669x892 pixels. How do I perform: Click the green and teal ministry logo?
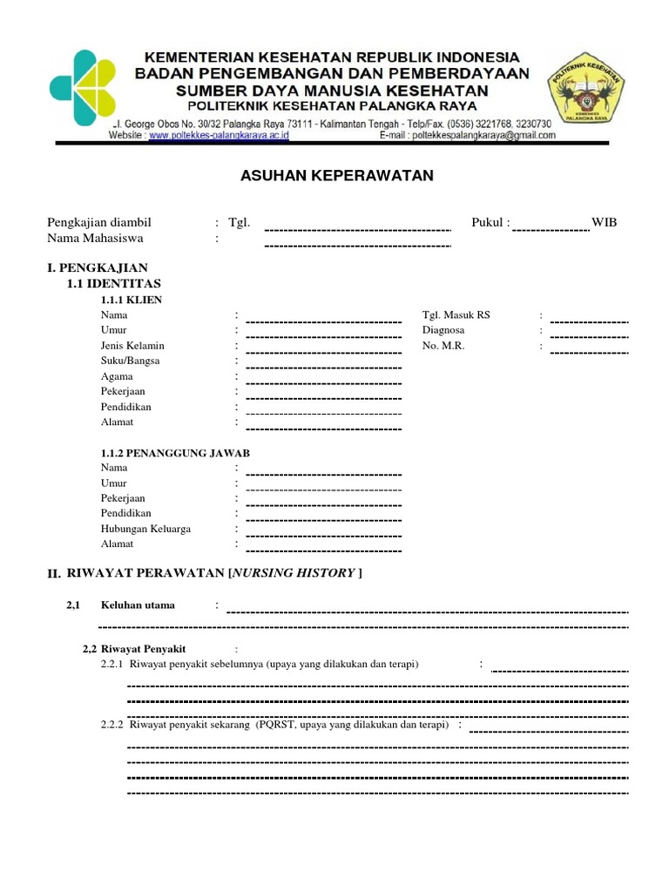coord(82,87)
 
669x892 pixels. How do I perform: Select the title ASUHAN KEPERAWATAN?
coord(336,176)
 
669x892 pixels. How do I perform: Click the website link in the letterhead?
coord(219,136)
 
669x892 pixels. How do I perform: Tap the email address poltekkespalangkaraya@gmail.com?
coord(483,136)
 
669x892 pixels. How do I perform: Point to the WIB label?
coord(604,222)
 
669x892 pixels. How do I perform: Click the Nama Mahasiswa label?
coord(95,238)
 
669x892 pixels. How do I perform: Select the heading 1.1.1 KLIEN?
coord(132,300)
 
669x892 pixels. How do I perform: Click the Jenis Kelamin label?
coord(132,346)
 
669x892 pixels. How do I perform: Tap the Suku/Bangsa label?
coord(130,361)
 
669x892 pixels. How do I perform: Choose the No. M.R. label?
coord(443,346)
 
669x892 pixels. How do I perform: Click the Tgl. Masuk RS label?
coord(456,314)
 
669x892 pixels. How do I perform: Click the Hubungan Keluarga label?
coord(145,529)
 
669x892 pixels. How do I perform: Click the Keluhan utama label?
coord(138,605)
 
